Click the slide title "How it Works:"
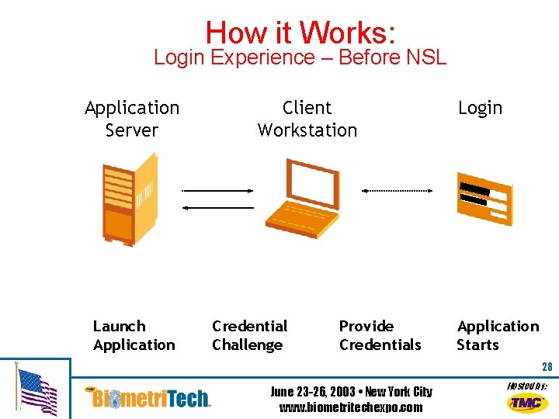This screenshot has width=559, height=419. [x=301, y=32]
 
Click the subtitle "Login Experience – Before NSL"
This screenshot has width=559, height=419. [x=300, y=57]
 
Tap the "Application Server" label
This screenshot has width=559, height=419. [x=132, y=119]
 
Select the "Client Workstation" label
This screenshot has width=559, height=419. [x=307, y=119]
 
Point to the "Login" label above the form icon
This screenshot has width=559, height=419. [x=480, y=108]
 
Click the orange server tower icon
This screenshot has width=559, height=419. [x=129, y=198]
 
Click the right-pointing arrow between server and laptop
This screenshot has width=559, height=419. [x=217, y=190]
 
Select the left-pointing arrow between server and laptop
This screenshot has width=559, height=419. [x=217, y=208]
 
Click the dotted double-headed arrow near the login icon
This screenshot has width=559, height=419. [x=397, y=190]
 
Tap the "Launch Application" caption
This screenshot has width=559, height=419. [x=134, y=335]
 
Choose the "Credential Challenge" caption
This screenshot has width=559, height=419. [x=249, y=335]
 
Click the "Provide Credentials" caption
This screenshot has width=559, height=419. [x=380, y=335]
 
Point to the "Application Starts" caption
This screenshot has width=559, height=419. [x=497, y=335]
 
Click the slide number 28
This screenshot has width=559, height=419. [x=547, y=367]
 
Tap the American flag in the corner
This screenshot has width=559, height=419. [x=36, y=392]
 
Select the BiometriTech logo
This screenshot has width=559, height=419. [x=149, y=397]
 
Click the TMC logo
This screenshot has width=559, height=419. [x=526, y=402]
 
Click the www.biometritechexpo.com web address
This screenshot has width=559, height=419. [x=351, y=407]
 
